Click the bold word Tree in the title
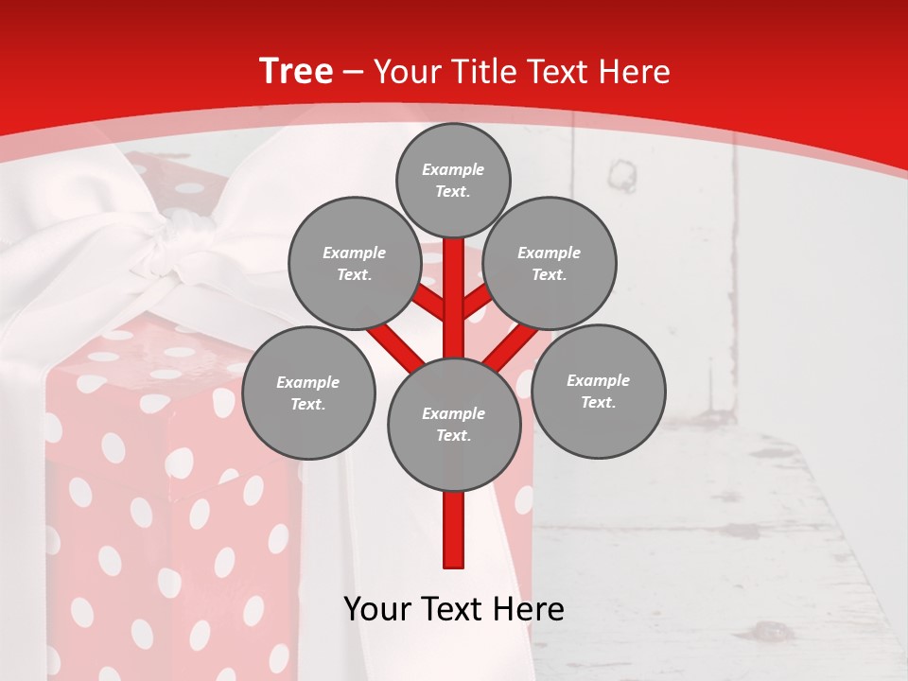tap(296, 72)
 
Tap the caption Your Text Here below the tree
tap(454, 609)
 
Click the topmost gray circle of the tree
tap(453, 180)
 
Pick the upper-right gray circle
tap(550, 264)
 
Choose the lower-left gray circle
tap(308, 393)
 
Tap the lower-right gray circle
tap(598, 391)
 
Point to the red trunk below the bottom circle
tap(454, 530)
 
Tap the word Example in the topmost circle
tap(453, 169)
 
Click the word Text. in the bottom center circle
tap(454, 435)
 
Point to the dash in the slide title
tap(354, 73)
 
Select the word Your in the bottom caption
tap(377, 609)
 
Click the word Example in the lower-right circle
tap(598, 380)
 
